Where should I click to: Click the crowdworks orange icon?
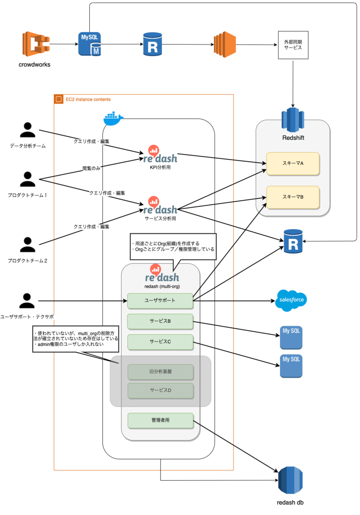tap(35, 44)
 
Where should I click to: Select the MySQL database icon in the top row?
tap(89, 44)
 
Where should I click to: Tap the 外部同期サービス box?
tap(293, 45)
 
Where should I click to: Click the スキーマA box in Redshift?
tap(293, 163)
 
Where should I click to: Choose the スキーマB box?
tap(293, 197)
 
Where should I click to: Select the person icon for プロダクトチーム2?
tap(28, 245)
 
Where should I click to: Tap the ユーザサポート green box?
tap(160, 300)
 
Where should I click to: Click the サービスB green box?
tap(160, 321)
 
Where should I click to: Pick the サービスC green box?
tap(160, 342)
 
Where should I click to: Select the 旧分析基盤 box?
tap(160, 372)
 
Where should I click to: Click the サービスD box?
tap(160, 391)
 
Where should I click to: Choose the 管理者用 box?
tap(160, 421)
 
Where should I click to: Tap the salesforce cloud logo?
tap(291, 300)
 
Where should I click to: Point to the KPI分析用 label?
tap(160, 167)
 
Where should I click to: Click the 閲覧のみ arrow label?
tap(91, 168)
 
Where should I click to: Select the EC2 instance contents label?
tap(88, 100)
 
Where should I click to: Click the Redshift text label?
tap(293, 138)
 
